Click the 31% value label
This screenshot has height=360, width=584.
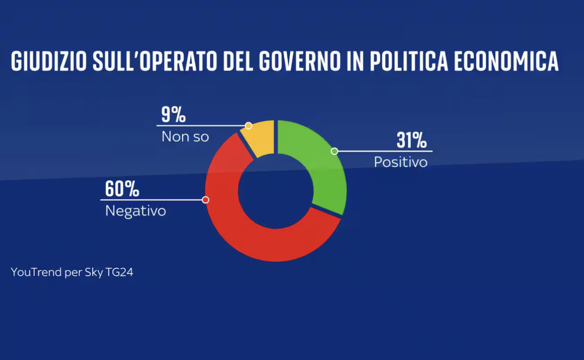point(411,141)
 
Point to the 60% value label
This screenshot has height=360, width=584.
point(122,189)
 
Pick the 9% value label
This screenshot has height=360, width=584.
point(173,115)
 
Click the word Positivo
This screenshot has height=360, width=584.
point(400,162)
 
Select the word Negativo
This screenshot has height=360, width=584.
point(136,211)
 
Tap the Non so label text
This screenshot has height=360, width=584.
point(185,136)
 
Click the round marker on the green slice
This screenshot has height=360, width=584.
point(334,151)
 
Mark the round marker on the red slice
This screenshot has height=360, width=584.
point(205,200)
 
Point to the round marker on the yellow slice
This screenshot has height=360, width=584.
point(248,126)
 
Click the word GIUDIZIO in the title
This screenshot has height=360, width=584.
point(49,61)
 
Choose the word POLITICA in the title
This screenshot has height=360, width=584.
point(408,61)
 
